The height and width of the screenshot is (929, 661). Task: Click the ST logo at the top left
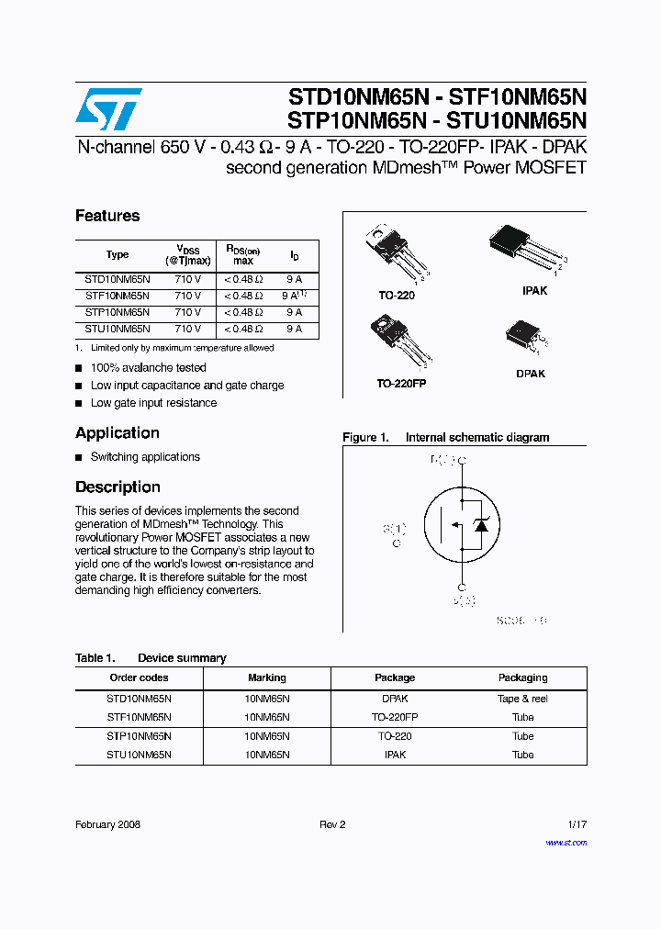[108, 109]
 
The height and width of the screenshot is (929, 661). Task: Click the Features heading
[107, 216]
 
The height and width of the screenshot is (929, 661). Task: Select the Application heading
[117, 433]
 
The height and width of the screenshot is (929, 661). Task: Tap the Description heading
[118, 487]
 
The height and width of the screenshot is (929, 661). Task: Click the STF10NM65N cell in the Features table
[117, 296]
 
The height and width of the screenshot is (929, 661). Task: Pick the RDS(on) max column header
[242, 255]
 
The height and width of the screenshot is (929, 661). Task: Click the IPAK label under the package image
[534, 290]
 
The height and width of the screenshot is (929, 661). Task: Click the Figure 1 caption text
[445, 438]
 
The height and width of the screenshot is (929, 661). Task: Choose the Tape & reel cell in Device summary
[522, 699]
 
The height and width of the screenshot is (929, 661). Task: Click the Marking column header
[266, 677]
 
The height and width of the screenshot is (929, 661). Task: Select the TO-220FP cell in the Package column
[395, 717]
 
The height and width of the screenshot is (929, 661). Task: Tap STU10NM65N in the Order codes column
[139, 755]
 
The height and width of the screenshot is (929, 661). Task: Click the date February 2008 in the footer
[107, 824]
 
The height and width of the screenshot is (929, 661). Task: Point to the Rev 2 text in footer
[332, 824]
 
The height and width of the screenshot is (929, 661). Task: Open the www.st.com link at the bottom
[566, 842]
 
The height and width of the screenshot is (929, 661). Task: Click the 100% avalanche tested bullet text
[148, 368]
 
